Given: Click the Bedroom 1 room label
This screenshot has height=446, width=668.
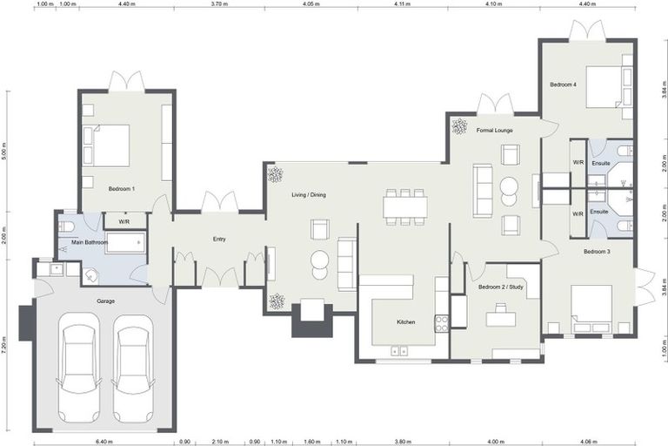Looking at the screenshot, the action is (x=122, y=189).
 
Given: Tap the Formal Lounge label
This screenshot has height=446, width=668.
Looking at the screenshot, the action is (x=494, y=130).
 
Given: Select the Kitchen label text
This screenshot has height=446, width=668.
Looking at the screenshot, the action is (x=405, y=321).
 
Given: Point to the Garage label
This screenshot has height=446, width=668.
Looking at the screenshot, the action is (x=105, y=301).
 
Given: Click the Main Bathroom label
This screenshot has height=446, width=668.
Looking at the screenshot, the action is (x=90, y=242).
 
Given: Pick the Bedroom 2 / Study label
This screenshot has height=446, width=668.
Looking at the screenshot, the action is (x=501, y=287).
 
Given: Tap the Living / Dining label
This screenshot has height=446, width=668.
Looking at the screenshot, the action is (x=309, y=194).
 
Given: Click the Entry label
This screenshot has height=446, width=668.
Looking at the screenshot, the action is (x=219, y=239).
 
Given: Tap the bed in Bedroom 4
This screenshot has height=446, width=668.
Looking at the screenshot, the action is (x=604, y=86).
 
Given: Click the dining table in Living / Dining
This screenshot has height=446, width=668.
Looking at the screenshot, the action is (x=404, y=207).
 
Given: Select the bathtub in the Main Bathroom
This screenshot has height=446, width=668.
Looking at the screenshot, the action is (x=125, y=242).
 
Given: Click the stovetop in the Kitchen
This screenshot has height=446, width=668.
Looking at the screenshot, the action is (x=441, y=323).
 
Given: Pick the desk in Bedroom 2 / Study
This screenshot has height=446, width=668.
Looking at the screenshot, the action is (x=501, y=319).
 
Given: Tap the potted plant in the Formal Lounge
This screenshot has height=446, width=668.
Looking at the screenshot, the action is (x=459, y=126).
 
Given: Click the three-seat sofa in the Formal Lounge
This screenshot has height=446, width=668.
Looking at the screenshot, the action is (x=483, y=191).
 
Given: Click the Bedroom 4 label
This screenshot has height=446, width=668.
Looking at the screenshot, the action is (x=563, y=84).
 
